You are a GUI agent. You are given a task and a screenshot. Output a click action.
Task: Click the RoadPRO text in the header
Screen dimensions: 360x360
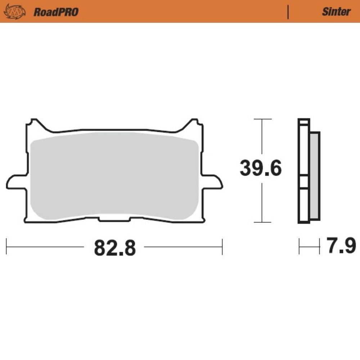click(56, 12)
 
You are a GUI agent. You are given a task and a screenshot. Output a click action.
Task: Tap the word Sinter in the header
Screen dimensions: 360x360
click(336, 12)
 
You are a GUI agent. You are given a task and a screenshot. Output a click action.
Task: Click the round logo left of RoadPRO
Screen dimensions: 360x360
click(14, 12)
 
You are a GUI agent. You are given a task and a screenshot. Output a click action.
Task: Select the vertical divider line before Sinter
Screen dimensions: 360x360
click(288, 12)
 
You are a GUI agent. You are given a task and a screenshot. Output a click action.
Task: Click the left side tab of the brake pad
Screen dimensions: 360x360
click(17, 181)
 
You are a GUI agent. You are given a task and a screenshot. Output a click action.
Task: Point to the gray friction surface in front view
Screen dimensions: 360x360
click(114, 176)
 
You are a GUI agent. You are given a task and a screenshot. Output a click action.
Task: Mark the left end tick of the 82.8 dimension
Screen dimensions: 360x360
click(6, 247)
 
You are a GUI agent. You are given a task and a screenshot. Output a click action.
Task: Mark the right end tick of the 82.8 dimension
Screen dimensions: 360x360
click(222, 247)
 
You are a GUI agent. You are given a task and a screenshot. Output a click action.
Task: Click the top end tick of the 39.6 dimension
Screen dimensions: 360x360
click(261, 119)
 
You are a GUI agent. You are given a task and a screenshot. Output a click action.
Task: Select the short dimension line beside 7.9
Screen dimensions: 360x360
click(309, 247)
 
